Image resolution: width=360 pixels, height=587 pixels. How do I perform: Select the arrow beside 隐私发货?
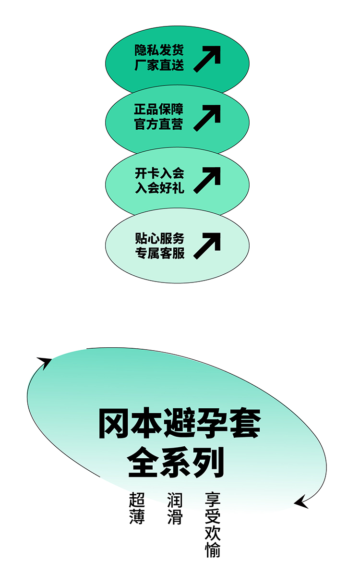click(207, 59)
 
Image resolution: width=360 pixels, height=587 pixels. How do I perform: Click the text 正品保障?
click(159, 109)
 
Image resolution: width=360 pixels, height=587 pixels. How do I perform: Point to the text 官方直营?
click(159, 124)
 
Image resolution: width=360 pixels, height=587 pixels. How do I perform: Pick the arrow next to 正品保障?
click(207, 118)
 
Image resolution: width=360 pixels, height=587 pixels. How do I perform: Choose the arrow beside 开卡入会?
click(207, 180)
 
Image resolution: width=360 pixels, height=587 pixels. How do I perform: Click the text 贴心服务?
click(159, 238)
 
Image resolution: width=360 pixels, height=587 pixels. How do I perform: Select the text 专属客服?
click(159, 253)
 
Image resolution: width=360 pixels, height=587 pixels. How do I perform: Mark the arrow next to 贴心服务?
click(207, 246)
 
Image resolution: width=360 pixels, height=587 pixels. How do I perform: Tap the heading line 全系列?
click(176, 463)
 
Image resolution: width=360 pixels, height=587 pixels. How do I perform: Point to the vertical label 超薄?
click(137, 508)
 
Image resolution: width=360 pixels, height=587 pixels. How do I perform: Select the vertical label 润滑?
click(175, 508)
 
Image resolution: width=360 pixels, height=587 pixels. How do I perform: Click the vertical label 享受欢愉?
click(213, 525)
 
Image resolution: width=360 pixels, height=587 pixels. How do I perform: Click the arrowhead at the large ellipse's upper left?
click(45, 362)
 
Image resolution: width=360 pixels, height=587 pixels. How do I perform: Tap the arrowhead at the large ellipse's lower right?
click(301, 502)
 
